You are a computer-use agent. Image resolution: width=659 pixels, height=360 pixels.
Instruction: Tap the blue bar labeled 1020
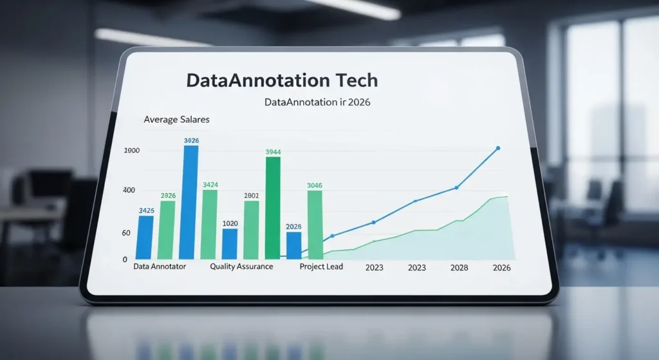(x=230, y=243)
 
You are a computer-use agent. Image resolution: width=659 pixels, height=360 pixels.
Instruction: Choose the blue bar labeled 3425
(x=146, y=237)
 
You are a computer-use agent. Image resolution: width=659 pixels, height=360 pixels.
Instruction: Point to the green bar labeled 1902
(x=251, y=229)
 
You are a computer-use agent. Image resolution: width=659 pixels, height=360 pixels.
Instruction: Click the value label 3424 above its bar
(x=210, y=185)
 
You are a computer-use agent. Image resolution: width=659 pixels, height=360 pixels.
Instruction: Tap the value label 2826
(x=168, y=195)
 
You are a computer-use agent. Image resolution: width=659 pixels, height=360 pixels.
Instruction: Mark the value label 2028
(x=293, y=227)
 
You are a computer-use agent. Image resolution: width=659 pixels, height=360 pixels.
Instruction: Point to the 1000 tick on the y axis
(x=131, y=151)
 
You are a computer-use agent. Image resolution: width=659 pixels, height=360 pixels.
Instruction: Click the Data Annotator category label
(x=160, y=267)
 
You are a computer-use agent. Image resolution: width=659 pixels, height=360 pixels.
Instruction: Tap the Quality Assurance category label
(x=241, y=267)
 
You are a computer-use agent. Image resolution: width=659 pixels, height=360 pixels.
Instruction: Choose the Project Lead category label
(x=321, y=267)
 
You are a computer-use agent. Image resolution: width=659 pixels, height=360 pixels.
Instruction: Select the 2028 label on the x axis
(x=459, y=268)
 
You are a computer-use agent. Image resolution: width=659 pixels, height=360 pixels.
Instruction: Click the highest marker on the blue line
(x=497, y=149)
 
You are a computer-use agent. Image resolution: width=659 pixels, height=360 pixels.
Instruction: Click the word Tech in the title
(x=353, y=81)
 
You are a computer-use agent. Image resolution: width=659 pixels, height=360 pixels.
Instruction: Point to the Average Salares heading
(x=176, y=120)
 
